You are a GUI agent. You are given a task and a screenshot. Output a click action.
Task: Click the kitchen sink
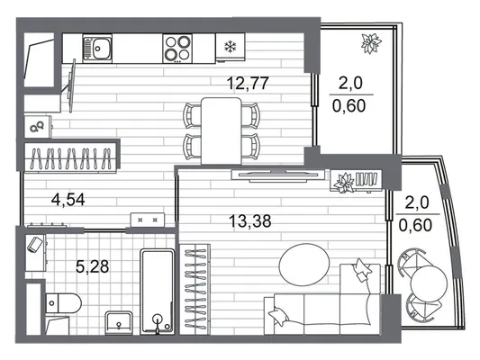point(97,49)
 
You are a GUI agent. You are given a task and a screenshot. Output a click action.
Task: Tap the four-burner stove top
point(177,49)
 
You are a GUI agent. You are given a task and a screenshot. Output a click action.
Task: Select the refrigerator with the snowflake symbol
point(231,47)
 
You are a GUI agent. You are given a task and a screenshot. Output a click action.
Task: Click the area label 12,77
point(248,83)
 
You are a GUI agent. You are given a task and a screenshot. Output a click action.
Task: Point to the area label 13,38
point(250,221)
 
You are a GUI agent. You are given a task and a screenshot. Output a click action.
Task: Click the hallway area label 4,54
point(68,200)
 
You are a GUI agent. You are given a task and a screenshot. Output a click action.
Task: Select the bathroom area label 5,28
point(92,266)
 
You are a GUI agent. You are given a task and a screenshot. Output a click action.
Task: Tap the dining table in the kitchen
point(222,130)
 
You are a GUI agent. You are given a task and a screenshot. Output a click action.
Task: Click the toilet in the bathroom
point(64,303)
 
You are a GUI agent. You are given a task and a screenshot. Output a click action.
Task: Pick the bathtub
point(158,292)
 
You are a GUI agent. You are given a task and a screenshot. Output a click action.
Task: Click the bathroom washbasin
point(119,323)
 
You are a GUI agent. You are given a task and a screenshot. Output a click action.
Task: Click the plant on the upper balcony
point(371,43)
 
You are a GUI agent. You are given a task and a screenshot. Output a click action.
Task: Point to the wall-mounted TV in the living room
point(278,175)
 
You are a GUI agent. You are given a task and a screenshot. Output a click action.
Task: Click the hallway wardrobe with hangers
point(71,158)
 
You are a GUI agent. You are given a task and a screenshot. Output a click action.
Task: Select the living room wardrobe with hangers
point(195,289)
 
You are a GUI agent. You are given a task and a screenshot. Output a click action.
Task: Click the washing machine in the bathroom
point(36,253)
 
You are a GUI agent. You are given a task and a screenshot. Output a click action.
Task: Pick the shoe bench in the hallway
point(148,220)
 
